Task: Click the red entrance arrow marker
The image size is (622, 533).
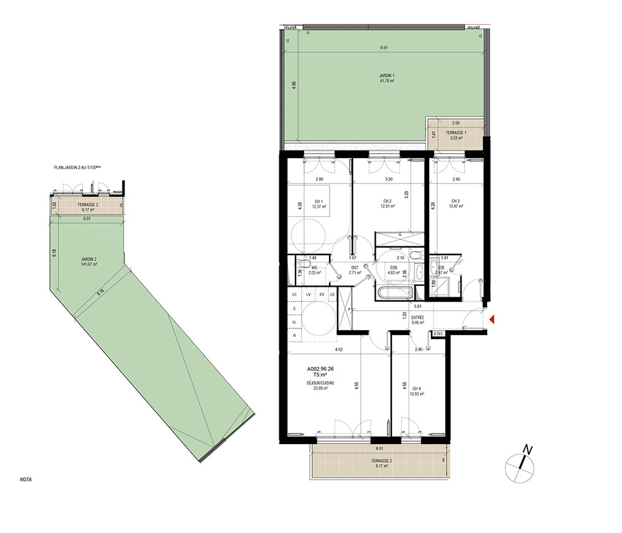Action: click(x=491, y=320)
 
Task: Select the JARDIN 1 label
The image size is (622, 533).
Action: click(x=388, y=76)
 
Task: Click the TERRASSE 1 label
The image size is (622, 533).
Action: click(x=457, y=134)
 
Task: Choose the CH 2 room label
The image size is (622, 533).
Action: click(x=387, y=201)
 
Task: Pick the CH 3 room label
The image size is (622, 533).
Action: click(x=456, y=201)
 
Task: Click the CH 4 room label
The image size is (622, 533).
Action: click(x=415, y=389)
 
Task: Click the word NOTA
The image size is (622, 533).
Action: click(x=26, y=480)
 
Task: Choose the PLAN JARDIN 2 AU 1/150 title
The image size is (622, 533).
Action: click(x=86, y=168)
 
